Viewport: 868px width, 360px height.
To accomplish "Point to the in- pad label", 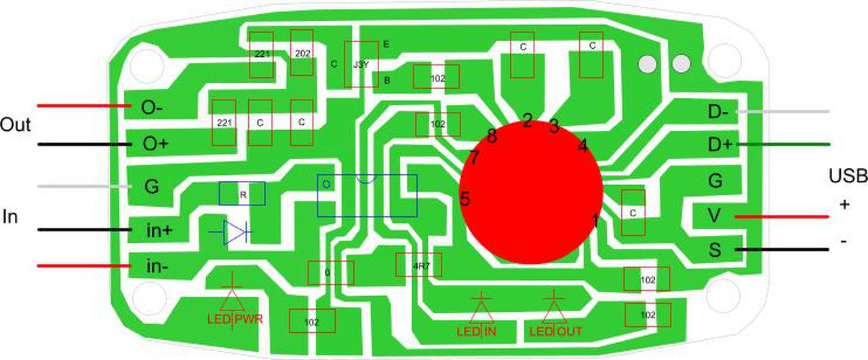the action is click(157, 266).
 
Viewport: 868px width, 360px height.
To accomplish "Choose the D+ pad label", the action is click(719, 144).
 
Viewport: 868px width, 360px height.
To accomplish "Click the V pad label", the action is click(713, 216).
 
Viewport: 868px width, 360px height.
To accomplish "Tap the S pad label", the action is click(715, 250).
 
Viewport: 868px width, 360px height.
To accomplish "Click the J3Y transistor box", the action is click(361, 64).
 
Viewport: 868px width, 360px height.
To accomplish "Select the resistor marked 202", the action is click(301, 54).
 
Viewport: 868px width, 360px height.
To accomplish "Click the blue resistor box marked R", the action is click(241, 194).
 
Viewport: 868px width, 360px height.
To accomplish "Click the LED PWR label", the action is click(235, 319).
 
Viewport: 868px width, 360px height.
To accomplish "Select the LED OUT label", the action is click(555, 332).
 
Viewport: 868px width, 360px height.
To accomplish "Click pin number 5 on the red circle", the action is click(465, 199).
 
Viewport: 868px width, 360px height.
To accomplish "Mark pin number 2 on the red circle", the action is click(527, 121).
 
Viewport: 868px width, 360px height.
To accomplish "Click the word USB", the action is click(848, 177).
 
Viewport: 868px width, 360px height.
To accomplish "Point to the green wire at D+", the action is click(783, 144).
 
